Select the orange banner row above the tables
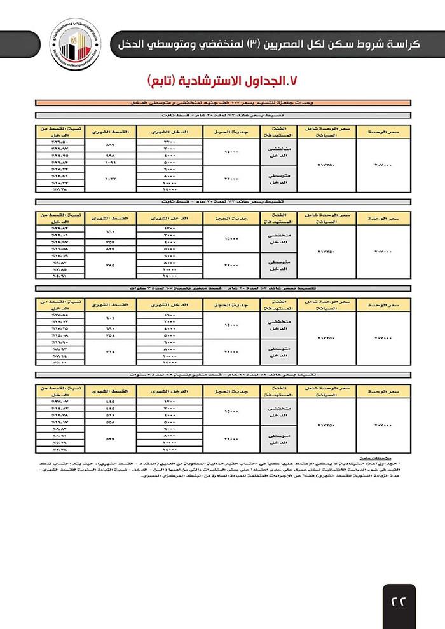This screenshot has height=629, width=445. click(x=222, y=102)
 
